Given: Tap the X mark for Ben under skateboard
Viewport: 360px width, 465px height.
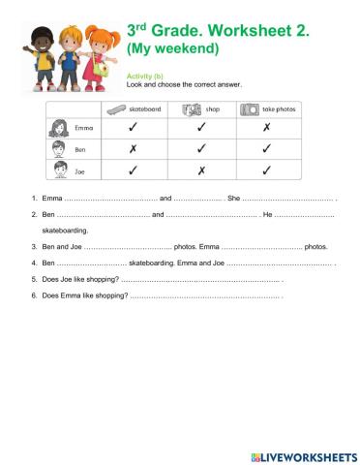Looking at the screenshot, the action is [x=133, y=149].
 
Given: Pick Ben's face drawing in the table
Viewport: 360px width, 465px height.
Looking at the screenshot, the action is [x=56, y=149].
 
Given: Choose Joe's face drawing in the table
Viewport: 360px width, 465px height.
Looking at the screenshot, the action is [x=56, y=171].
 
